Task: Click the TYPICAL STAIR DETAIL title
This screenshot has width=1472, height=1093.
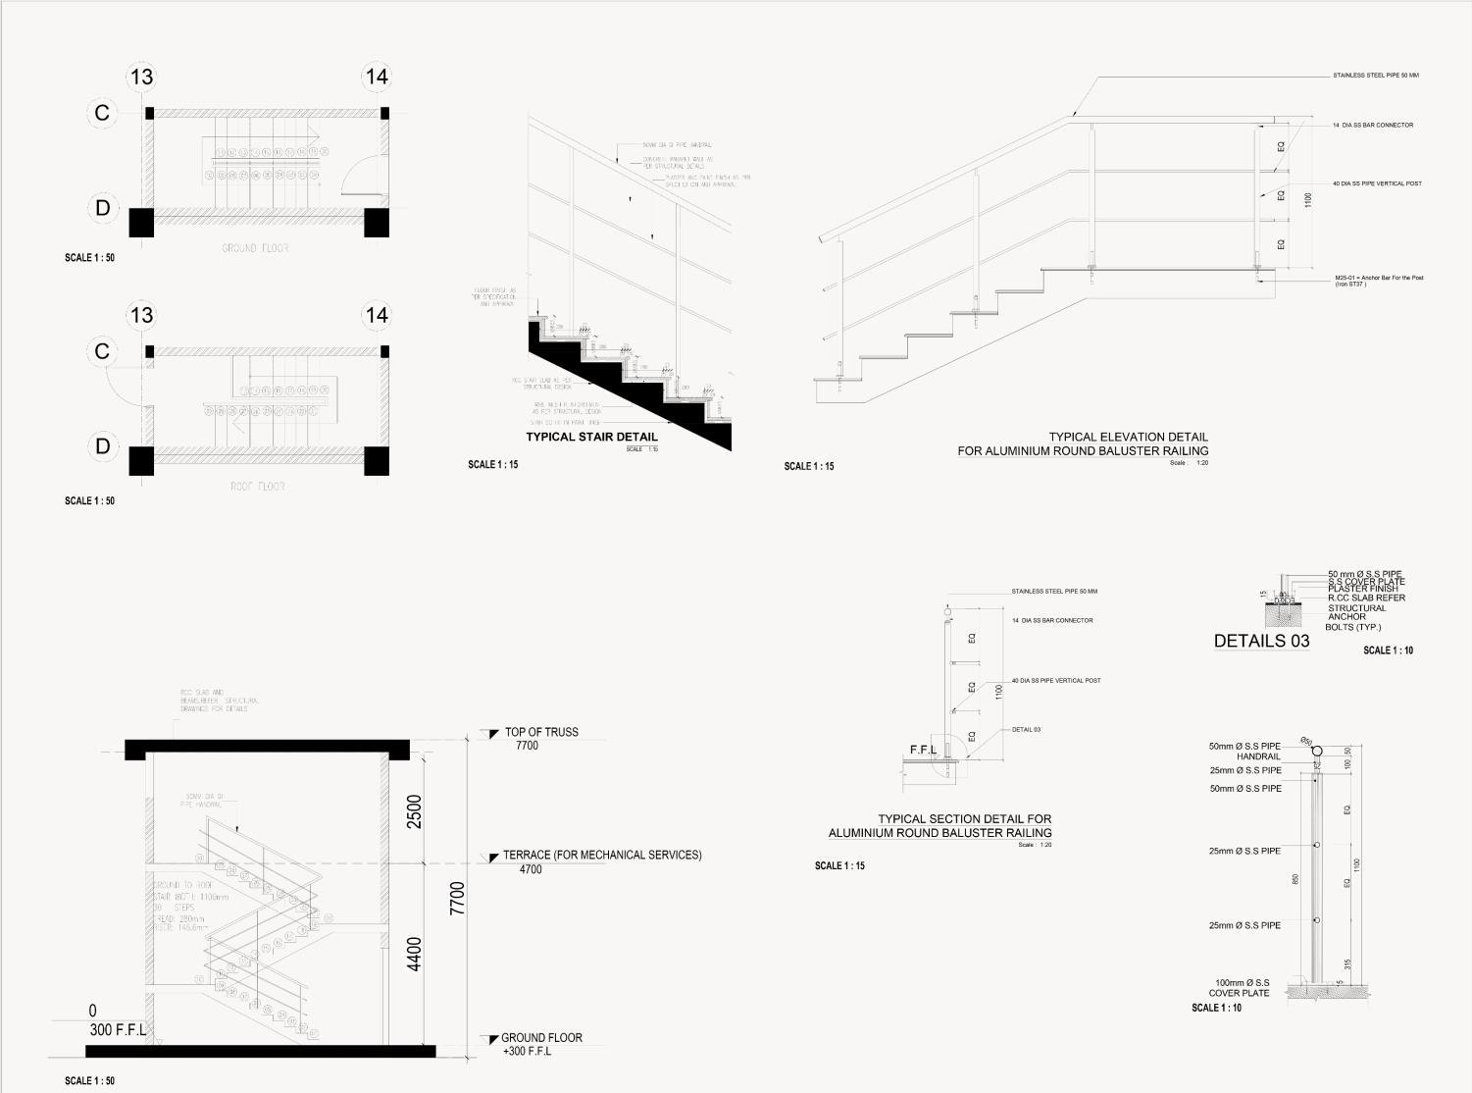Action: (591, 438)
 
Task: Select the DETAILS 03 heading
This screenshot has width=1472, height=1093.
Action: (1261, 641)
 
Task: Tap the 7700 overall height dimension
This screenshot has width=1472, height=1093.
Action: (457, 899)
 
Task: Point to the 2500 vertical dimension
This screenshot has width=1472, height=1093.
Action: (414, 811)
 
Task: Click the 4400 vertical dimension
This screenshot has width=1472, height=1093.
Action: (414, 954)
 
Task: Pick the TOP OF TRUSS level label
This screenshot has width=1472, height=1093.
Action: (541, 732)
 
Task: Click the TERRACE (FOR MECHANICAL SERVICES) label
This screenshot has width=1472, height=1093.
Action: (602, 856)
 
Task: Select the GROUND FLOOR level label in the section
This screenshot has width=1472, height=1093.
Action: (541, 1038)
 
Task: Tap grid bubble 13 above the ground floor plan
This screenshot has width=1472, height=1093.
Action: (142, 77)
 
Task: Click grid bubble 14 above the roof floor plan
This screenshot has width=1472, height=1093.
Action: (377, 315)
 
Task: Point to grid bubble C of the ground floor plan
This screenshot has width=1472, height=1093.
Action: (102, 113)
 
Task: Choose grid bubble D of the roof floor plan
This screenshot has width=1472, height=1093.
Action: (102, 446)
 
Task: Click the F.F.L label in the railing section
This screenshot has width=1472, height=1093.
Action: (923, 751)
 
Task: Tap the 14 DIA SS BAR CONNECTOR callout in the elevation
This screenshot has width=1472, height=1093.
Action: (1373, 126)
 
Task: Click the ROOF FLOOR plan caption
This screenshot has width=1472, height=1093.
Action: (258, 487)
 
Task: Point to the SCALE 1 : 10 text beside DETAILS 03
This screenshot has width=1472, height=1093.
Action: (1388, 651)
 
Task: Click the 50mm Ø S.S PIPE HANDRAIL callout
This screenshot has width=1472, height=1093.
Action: (1245, 752)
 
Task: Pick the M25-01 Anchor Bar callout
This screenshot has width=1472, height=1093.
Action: (1378, 280)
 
